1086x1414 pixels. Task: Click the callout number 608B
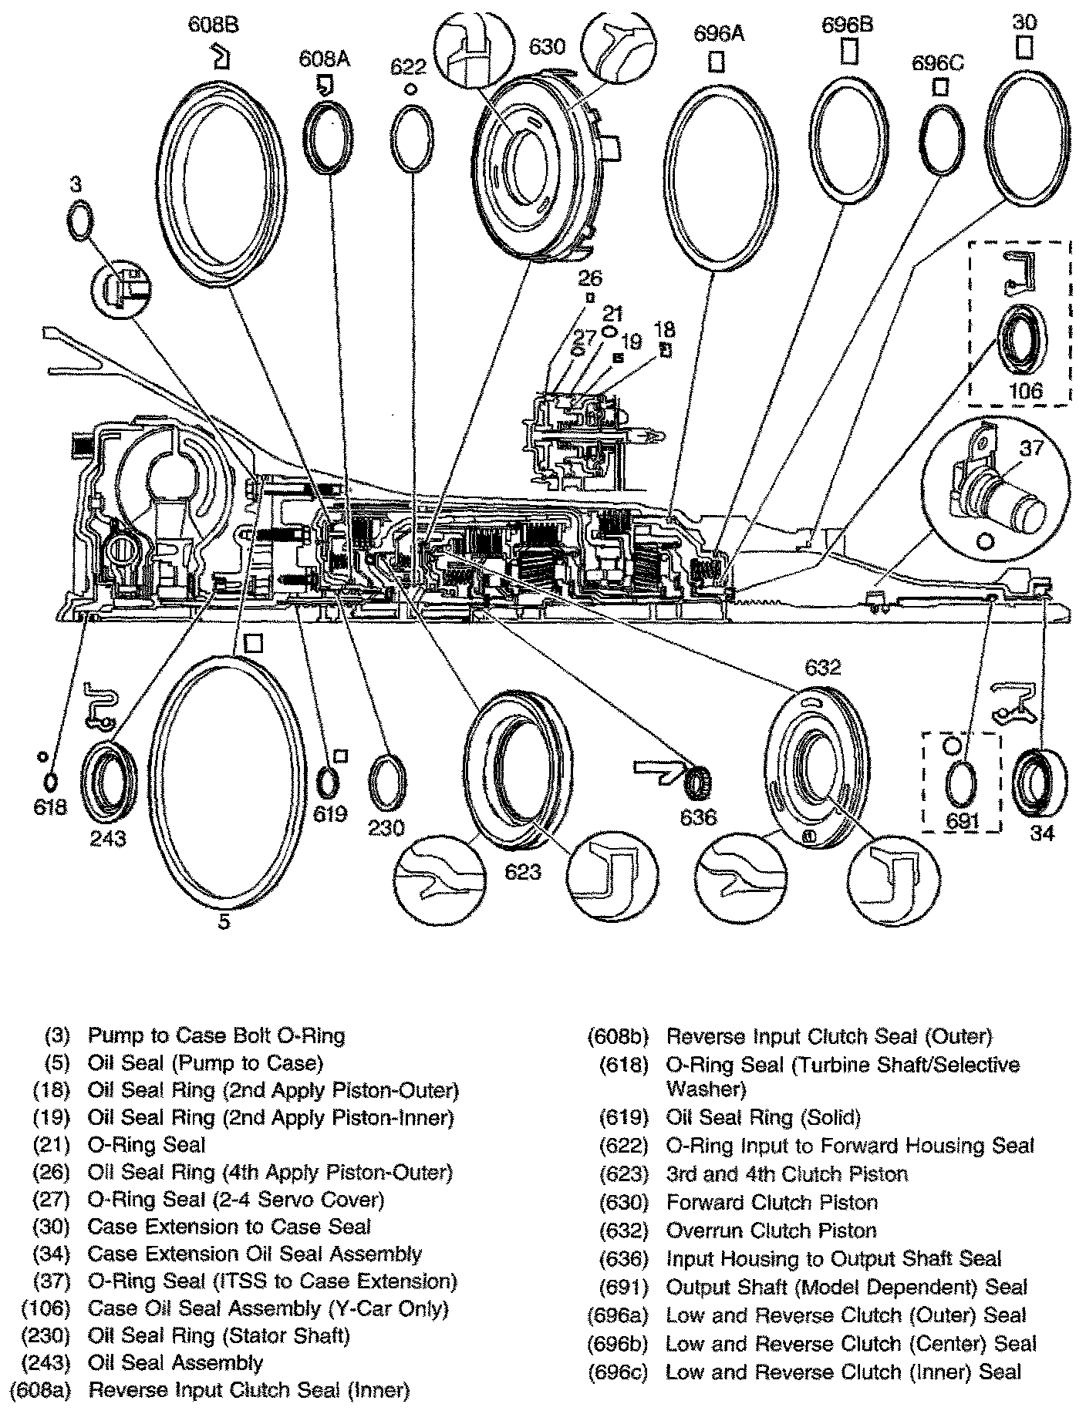tap(214, 25)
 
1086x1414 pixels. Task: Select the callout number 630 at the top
tap(547, 47)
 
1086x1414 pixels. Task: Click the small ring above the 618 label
tap(50, 782)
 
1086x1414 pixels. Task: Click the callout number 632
tap(821, 667)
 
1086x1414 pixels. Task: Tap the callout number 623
tap(523, 872)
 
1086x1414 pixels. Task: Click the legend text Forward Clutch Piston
tap(771, 1203)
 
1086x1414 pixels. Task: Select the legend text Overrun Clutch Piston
tap(771, 1231)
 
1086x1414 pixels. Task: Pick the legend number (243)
tap(46, 1363)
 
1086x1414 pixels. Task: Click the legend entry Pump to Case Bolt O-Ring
tap(216, 1035)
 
